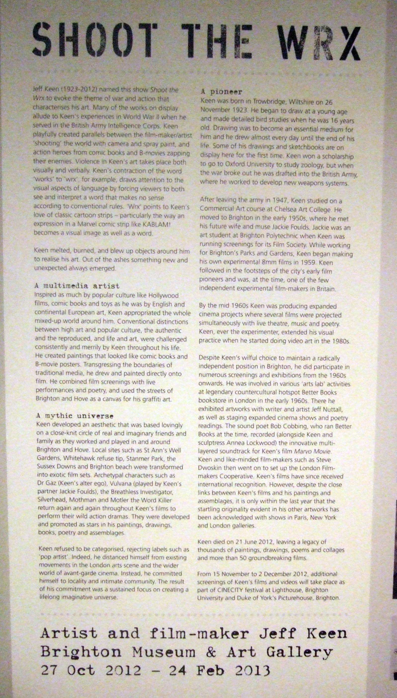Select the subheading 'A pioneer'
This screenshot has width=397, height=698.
(x=221, y=92)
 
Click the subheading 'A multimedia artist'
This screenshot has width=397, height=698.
(x=77, y=286)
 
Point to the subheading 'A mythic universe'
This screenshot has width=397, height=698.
(x=75, y=416)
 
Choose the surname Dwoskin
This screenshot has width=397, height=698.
(x=210, y=468)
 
